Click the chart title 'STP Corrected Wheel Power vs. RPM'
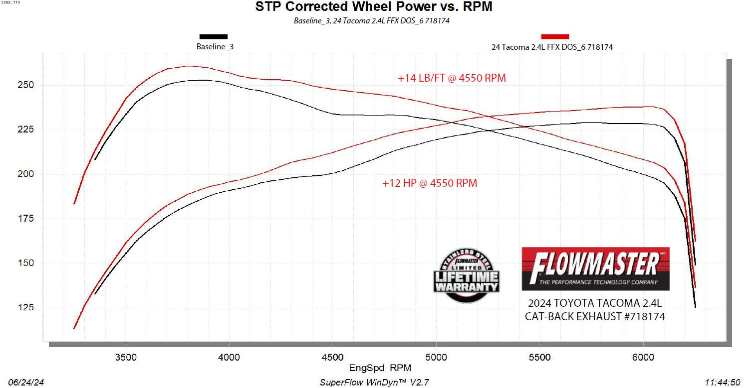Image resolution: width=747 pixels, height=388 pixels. (373, 7)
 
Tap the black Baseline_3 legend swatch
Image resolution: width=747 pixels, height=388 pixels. (214, 36)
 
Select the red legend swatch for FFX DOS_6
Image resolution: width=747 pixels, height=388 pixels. (555, 36)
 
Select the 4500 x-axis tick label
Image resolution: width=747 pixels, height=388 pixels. (333, 357)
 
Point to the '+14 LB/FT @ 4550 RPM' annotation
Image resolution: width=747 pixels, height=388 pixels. (452, 78)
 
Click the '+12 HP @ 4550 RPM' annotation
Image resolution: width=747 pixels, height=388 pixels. (430, 183)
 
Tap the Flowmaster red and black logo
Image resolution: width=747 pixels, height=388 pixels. (595, 269)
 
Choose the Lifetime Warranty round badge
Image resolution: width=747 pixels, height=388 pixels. (467, 275)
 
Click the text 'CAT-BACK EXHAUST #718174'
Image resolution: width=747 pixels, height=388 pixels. (595, 316)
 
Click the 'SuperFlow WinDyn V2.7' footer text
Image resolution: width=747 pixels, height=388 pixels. (374, 383)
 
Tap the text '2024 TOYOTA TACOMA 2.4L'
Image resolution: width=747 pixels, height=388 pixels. (595, 303)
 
